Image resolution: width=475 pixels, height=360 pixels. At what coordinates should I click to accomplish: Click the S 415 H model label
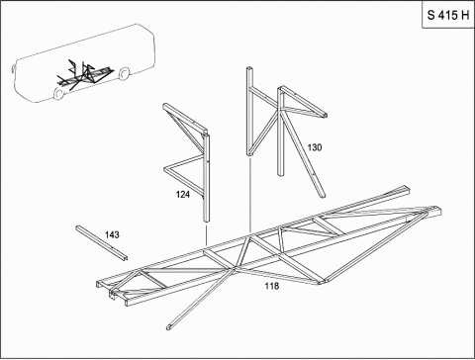[448, 15]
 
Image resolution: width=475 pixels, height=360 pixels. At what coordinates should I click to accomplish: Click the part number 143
[112, 234]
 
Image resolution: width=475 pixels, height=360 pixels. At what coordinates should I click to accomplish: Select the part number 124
[183, 195]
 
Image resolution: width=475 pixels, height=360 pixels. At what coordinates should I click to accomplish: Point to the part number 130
[315, 147]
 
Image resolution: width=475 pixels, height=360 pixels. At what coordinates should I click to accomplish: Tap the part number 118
[272, 286]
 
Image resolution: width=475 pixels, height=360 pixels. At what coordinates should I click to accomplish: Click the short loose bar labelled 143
[102, 243]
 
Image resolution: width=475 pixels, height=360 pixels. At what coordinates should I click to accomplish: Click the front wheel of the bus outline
[59, 93]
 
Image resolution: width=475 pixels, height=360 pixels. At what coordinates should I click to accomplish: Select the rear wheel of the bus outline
[124, 74]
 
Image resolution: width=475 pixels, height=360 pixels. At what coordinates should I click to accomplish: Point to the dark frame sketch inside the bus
[85, 75]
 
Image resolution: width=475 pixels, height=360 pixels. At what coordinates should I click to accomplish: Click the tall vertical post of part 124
[206, 178]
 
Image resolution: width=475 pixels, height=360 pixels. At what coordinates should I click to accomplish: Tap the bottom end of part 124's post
[206, 223]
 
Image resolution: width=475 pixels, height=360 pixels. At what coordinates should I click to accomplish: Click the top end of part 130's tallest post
[249, 68]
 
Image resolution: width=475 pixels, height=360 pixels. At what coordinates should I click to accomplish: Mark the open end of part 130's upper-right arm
[325, 116]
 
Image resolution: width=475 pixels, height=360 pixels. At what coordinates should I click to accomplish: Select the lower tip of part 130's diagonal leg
[323, 197]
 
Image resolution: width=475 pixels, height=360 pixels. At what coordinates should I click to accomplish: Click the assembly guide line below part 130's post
[250, 196]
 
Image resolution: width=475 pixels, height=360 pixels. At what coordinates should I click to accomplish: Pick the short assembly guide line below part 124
[206, 235]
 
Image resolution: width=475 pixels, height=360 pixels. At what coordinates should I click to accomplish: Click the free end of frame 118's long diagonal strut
[170, 327]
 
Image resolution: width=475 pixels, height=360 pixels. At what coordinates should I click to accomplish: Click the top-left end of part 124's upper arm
[165, 106]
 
